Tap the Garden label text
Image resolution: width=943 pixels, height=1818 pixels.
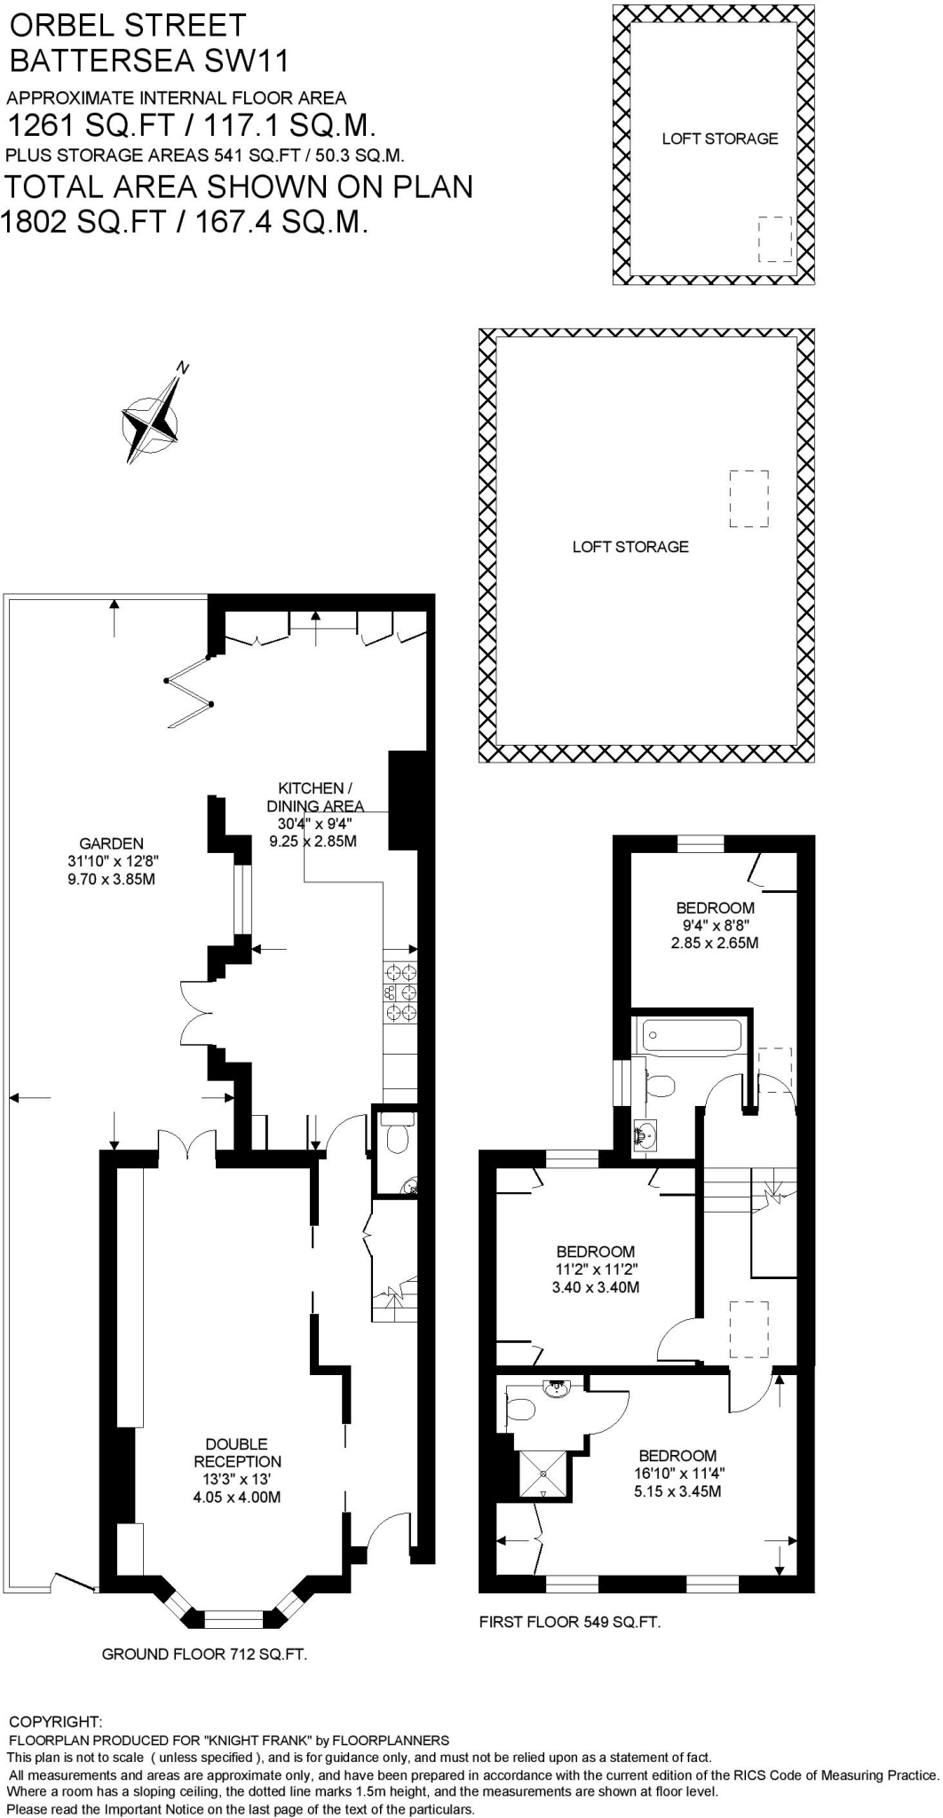click(111, 843)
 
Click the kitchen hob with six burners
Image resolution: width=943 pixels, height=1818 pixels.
click(400, 992)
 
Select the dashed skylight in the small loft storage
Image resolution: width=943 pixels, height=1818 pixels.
click(774, 239)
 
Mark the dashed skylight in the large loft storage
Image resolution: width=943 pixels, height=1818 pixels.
click(749, 499)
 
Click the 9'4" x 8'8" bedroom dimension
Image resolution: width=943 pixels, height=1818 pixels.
click(715, 925)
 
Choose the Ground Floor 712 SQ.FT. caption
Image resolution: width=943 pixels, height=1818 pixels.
click(204, 1654)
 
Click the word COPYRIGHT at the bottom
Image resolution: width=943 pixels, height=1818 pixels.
click(55, 1722)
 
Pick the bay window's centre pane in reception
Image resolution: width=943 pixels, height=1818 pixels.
click(234, 1618)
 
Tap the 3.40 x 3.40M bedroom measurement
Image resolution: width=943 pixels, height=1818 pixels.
click(596, 1286)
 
